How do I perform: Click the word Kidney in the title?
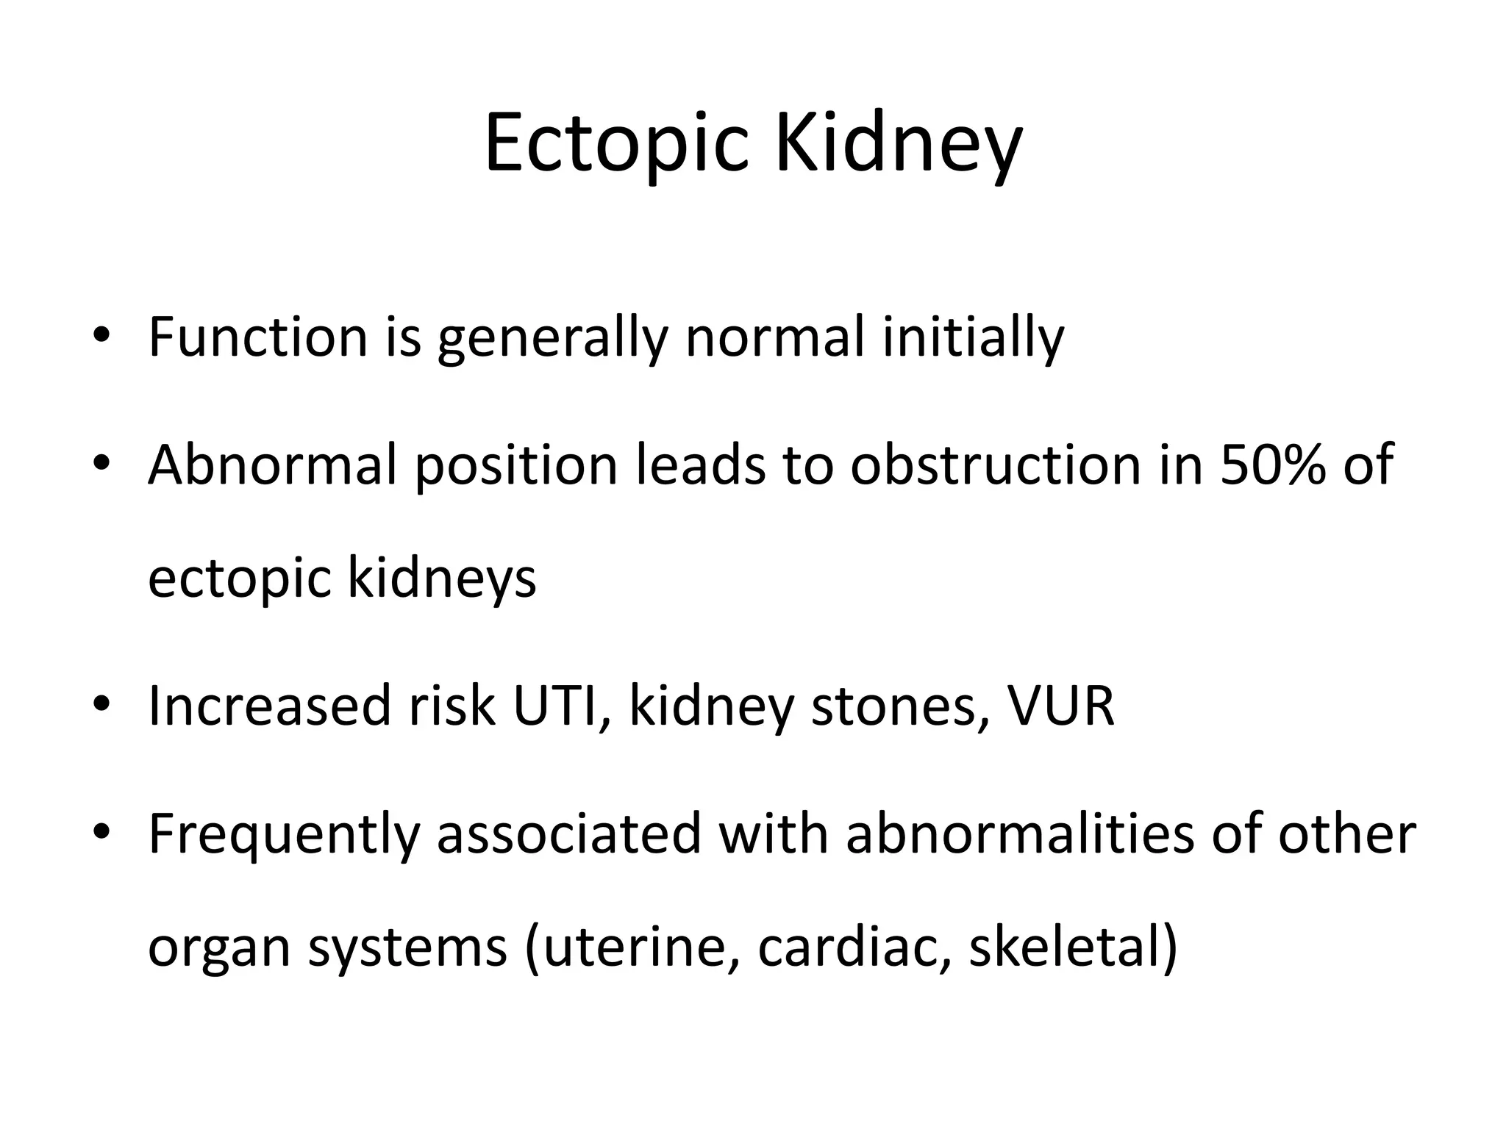(x=898, y=144)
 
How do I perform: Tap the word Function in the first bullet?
(x=257, y=337)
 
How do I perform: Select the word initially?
(x=973, y=337)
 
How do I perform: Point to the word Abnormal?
(x=272, y=465)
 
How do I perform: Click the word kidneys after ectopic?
(x=441, y=578)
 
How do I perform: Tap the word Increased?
(x=269, y=706)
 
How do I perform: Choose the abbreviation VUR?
(x=1060, y=706)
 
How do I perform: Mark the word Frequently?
(x=284, y=834)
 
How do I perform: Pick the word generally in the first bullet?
(x=552, y=337)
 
